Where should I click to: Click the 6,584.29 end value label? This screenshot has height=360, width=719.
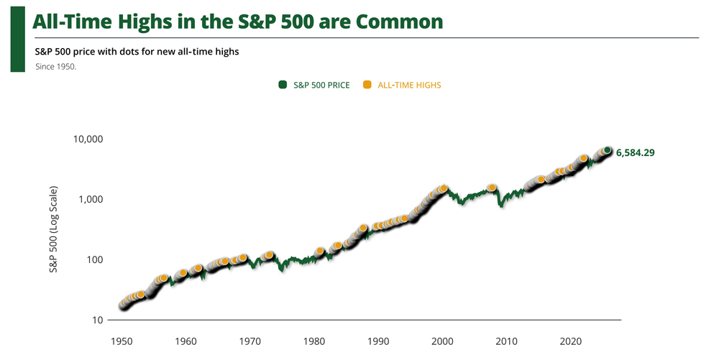635,153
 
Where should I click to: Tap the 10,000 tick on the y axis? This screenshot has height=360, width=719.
89,139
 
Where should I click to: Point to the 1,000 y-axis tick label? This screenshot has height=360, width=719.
93,199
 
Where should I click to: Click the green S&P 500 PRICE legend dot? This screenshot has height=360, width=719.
283,85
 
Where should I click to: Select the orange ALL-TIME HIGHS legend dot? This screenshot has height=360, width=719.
367,85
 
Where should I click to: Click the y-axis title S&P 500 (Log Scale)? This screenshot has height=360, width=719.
53,230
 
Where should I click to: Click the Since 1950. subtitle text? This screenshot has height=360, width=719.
55,66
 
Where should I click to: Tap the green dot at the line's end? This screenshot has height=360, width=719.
608,150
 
